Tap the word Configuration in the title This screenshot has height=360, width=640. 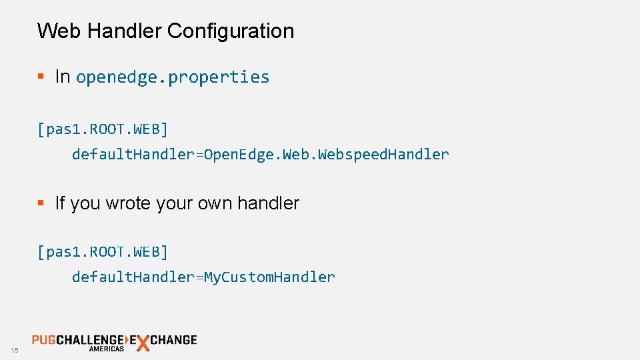(231, 31)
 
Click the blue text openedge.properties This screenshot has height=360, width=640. (173, 77)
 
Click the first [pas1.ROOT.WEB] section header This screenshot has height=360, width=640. (103, 129)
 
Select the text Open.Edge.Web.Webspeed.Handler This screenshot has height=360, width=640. (327, 155)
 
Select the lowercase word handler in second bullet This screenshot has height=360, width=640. (269, 203)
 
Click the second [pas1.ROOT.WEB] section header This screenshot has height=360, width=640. (103, 252)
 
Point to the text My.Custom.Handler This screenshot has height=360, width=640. (269, 277)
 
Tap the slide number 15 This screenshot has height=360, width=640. (15, 351)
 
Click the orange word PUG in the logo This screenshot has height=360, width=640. (43, 340)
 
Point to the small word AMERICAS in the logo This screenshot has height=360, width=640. (107, 349)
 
